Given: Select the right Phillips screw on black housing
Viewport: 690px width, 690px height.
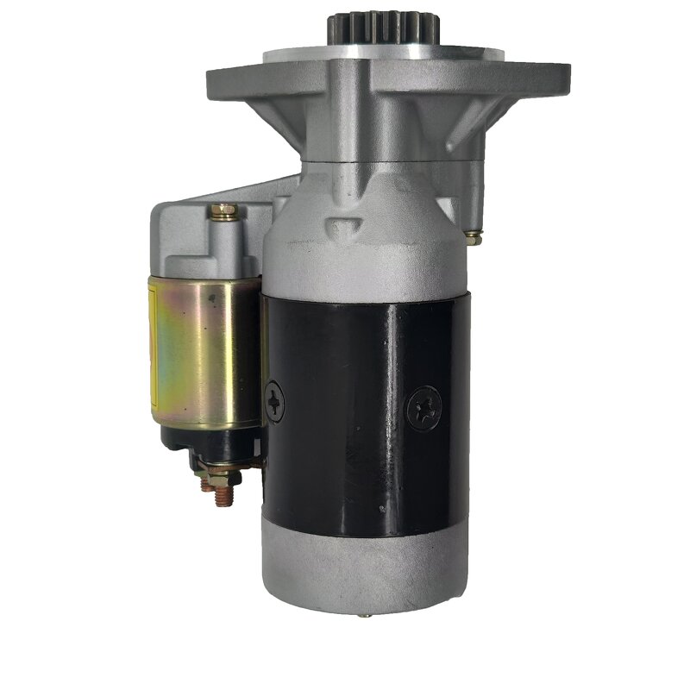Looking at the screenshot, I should [x=423, y=407].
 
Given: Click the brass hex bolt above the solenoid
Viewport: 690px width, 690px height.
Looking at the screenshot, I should [x=223, y=211].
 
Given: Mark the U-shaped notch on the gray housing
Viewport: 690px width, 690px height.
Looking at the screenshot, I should [x=345, y=226].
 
